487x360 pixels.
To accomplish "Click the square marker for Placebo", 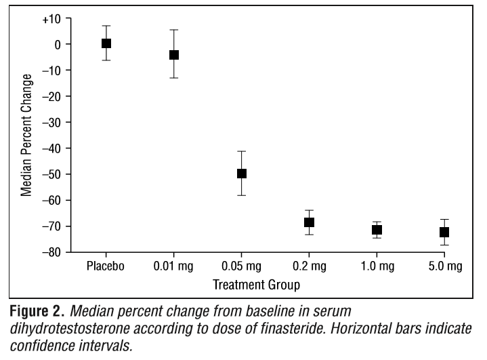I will click(x=106, y=43).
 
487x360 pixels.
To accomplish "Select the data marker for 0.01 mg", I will click(x=174, y=55).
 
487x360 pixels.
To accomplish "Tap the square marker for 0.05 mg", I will click(x=242, y=174).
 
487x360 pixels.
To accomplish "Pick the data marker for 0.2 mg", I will click(x=310, y=222).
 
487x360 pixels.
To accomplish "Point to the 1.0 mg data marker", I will click(x=377, y=230).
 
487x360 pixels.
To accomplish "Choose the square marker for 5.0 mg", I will click(x=444, y=233).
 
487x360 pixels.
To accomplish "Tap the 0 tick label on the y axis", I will click(x=58, y=44).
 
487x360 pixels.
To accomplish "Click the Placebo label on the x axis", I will click(x=106, y=266).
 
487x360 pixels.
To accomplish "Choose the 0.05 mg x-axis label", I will click(x=242, y=266).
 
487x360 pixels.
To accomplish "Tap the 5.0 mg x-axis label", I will click(x=444, y=266).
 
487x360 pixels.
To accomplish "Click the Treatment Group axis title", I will click(x=257, y=284).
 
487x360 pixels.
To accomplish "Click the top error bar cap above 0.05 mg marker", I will click(x=242, y=151).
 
